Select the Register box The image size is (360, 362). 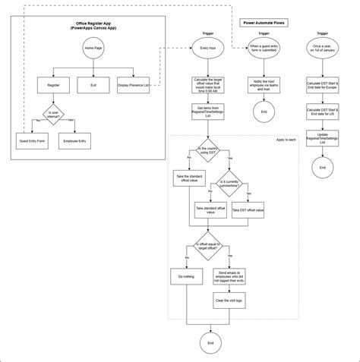pos(53,86)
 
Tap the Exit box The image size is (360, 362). pos(93,86)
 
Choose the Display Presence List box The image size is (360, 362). pos(134,86)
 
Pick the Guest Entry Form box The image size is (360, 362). pos(32,141)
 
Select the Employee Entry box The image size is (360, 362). pos(74,141)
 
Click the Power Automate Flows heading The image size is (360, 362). pos(262,24)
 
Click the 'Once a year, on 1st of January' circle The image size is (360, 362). pos(322,49)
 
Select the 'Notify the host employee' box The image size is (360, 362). pos(264,86)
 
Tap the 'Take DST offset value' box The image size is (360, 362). pos(248,209)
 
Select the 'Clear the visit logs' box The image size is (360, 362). pos(229,301)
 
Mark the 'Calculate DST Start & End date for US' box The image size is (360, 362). pos(322,113)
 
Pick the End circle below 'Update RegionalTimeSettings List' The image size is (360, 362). pos(322,166)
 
